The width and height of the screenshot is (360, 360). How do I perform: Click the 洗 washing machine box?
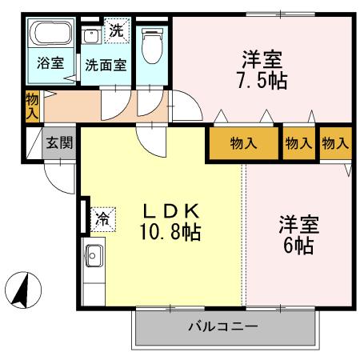point(117,31)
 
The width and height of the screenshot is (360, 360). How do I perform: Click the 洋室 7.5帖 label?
point(263,69)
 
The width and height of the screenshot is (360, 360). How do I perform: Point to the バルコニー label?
point(223,326)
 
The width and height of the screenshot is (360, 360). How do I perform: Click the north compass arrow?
point(25,287)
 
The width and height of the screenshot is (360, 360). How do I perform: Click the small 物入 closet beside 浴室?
point(31,106)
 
